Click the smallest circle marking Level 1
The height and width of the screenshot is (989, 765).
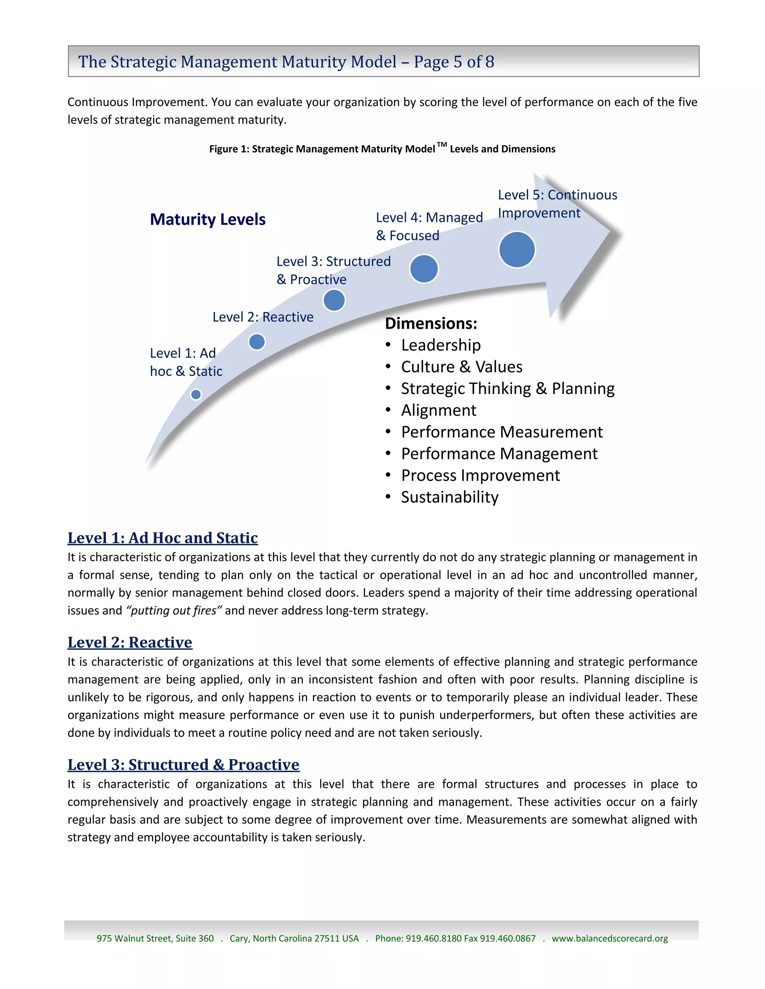(x=196, y=394)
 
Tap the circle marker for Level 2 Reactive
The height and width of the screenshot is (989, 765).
(x=257, y=341)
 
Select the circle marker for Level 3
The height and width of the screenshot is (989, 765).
(x=334, y=300)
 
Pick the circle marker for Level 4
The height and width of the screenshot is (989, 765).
(x=424, y=269)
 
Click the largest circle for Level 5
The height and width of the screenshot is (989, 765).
(x=517, y=250)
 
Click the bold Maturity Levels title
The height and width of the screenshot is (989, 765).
(x=208, y=219)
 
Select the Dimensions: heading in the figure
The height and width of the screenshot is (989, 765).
(x=431, y=323)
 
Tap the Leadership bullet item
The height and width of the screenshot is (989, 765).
(x=440, y=345)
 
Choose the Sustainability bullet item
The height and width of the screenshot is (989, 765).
(x=450, y=497)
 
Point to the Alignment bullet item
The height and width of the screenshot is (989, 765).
(x=438, y=410)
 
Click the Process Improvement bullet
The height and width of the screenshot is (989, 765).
(x=480, y=475)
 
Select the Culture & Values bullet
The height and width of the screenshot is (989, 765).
(x=461, y=367)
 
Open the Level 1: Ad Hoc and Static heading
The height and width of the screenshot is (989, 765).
(x=163, y=537)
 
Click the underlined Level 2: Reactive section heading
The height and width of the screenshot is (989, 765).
(x=130, y=642)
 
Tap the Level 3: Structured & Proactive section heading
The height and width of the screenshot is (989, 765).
(x=183, y=764)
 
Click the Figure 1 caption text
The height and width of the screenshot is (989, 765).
(x=382, y=149)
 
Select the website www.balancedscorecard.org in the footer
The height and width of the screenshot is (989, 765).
(x=610, y=938)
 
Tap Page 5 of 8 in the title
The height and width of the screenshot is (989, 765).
(x=453, y=62)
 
